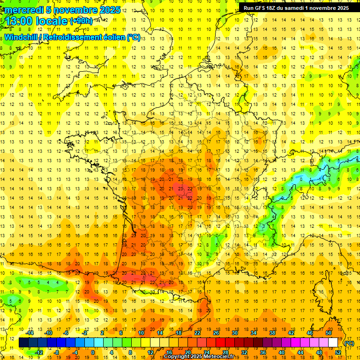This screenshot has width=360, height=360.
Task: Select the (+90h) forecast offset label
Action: point(81,21)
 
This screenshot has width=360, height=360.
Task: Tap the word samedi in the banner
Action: point(300,8)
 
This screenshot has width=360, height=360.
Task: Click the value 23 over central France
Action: point(181,188)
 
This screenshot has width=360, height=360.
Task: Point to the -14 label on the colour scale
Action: point(30,333)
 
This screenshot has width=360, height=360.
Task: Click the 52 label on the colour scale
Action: point(338,352)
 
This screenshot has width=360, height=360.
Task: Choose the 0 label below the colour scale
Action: point(93,352)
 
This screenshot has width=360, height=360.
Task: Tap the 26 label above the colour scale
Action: point(216,333)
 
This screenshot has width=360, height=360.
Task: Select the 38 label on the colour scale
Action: point(272,333)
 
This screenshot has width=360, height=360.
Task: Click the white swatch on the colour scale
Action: point(333,343)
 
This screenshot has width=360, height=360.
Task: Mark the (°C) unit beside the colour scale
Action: point(349,343)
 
